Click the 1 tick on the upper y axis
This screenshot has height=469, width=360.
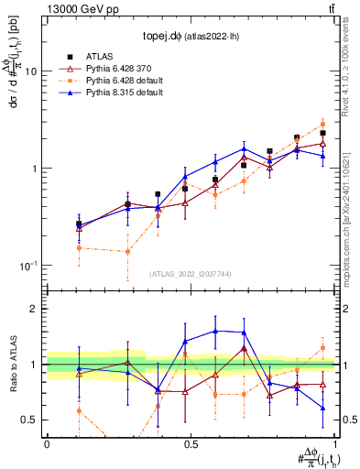(x=37, y=169)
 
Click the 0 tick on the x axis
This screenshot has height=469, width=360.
(x=47, y=444)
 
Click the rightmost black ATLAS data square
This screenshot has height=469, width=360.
(x=323, y=133)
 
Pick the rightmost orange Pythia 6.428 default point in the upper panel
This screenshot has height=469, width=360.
(x=323, y=124)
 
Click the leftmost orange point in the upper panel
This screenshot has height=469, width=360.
(x=79, y=247)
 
